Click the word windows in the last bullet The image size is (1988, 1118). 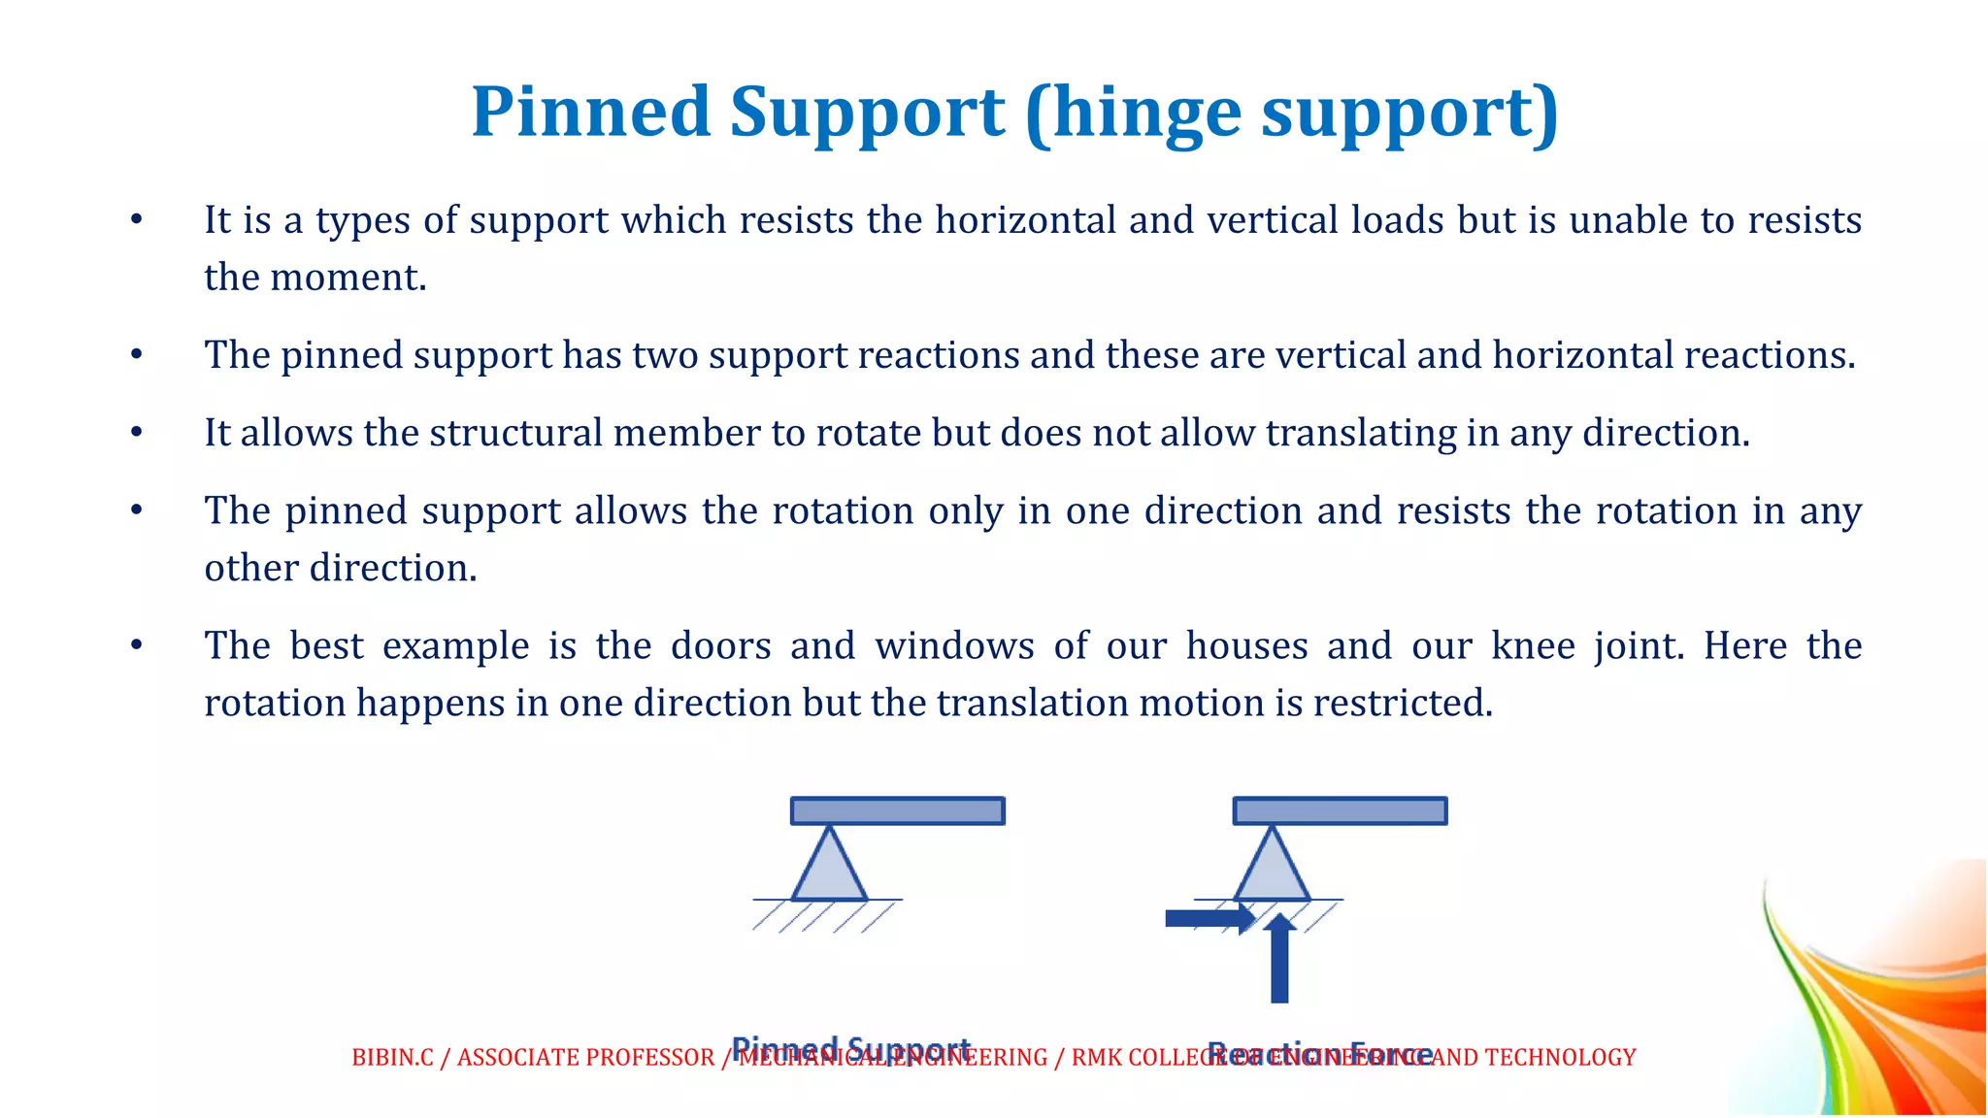pyautogui.click(x=954, y=645)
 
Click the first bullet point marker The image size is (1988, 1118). pyautogui.click(x=137, y=220)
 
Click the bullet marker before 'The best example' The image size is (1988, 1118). pyautogui.click(x=137, y=645)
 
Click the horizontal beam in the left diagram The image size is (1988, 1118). pyautogui.click(x=897, y=810)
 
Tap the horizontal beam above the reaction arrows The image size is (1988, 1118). pyautogui.click(x=1340, y=810)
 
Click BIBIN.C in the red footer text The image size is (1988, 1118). pyautogui.click(x=392, y=1058)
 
